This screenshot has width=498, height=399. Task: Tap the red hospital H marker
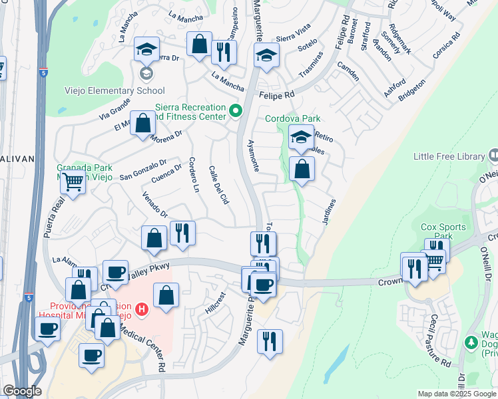pyautogui.click(x=141, y=309)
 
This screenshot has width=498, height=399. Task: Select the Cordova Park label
pyautogui.click(x=288, y=119)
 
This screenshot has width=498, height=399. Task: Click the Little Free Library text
pyautogui.click(x=449, y=156)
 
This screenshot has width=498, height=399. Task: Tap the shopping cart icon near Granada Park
pyautogui.click(x=73, y=181)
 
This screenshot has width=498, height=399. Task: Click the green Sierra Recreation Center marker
pyautogui.click(x=234, y=111)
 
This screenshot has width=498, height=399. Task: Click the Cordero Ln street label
pyautogui.click(x=194, y=175)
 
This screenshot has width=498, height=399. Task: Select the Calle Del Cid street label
pyautogui.click(x=219, y=185)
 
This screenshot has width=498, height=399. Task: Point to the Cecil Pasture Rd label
pyautogui.click(x=440, y=341)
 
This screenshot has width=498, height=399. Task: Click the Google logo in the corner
pyautogui.click(x=22, y=391)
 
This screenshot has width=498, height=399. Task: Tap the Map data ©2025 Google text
pyautogui.click(x=457, y=393)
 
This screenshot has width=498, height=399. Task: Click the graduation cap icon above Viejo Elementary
pyautogui.click(x=146, y=49)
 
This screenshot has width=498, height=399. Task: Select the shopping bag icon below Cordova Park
pyautogui.click(x=302, y=169)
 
